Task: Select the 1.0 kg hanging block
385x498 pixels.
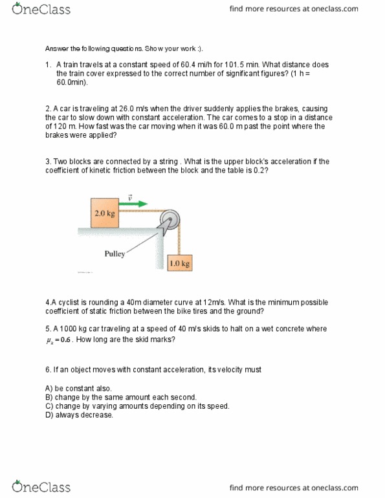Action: (180, 263)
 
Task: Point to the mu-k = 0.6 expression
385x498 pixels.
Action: (64, 340)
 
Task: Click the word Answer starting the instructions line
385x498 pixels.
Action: (56, 49)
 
